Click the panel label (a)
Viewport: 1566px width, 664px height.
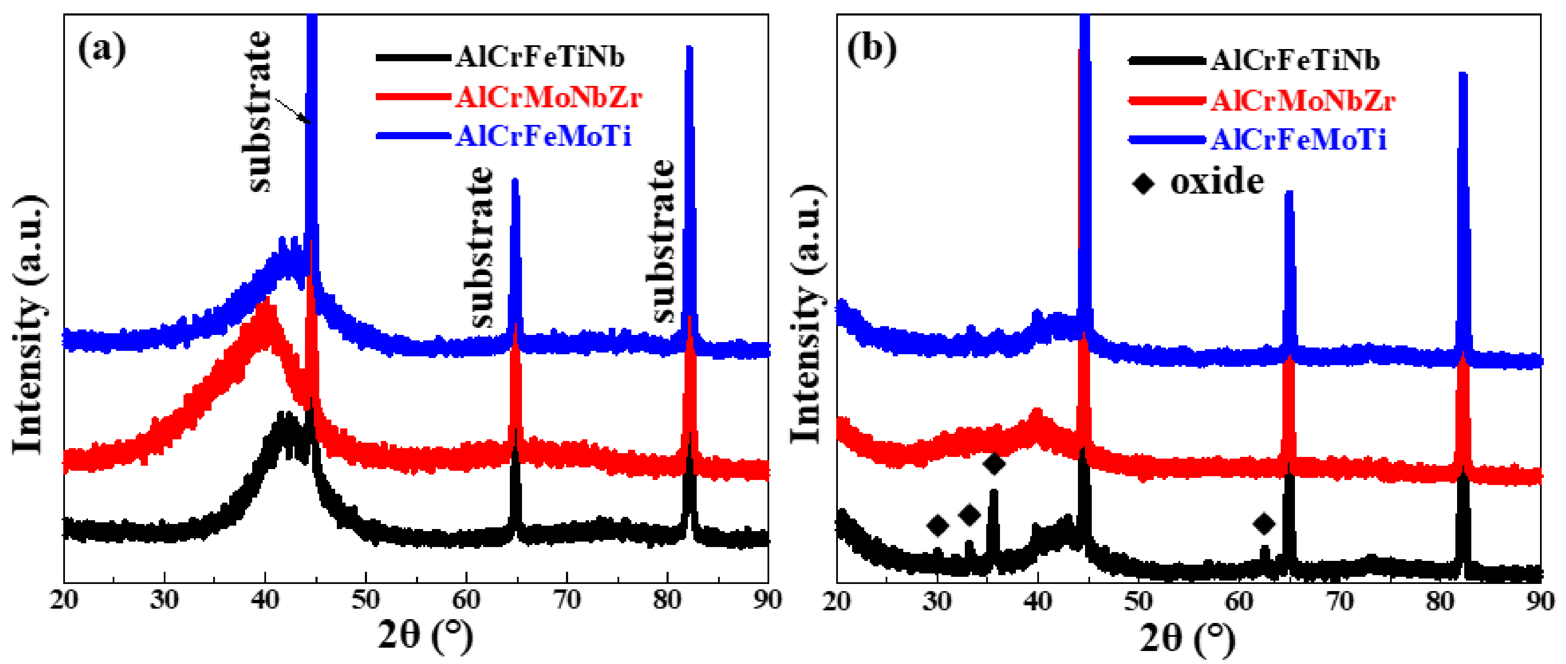pyautogui.click(x=102, y=49)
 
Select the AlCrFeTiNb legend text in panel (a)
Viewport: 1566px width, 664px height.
pyautogui.click(x=540, y=58)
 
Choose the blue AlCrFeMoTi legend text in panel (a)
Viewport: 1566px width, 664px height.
pyautogui.click(x=543, y=135)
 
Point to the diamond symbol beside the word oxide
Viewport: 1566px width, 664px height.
pyautogui.click(x=1143, y=183)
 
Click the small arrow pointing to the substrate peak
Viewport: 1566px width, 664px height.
pyautogui.click(x=293, y=111)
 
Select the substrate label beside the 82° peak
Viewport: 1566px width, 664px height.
pyautogui.click(x=662, y=240)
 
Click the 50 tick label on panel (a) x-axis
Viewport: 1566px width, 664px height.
pyautogui.click(x=365, y=600)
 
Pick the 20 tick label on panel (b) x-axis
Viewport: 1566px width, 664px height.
pyautogui.click(x=837, y=602)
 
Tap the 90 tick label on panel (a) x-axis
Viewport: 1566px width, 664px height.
pyautogui.click(x=767, y=600)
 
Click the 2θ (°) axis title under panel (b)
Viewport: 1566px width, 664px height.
pyautogui.click(x=1187, y=637)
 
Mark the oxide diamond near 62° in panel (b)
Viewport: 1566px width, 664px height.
pyautogui.click(x=1264, y=524)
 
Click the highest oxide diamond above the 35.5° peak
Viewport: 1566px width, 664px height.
pyautogui.click(x=994, y=464)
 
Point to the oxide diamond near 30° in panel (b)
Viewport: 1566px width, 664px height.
pyautogui.click(x=938, y=525)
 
